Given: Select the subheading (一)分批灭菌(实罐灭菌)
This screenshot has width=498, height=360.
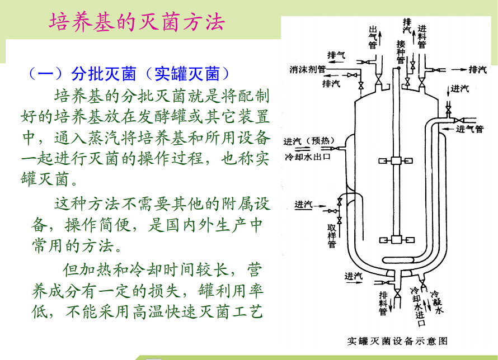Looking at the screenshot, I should pyautogui.click(x=128, y=74).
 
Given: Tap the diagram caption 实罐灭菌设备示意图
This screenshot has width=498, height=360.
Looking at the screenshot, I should pyautogui.click(x=397, y=340).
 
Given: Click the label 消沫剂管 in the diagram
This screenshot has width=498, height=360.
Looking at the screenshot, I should pyautogui.click(x=307, y=70).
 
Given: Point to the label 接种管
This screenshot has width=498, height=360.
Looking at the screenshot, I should pyautogui.click(x=401, y=51).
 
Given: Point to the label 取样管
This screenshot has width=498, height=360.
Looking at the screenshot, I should pyautogui.click(x=332, y=235).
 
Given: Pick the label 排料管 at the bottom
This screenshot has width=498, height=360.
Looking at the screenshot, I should pyautogui.click(x=383, y=302).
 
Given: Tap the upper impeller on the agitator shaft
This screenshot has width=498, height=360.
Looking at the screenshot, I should pyautogui.click(x=397, y=161).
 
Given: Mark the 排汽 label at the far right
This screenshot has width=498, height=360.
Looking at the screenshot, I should pyautogui.click(x=477, y=69).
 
